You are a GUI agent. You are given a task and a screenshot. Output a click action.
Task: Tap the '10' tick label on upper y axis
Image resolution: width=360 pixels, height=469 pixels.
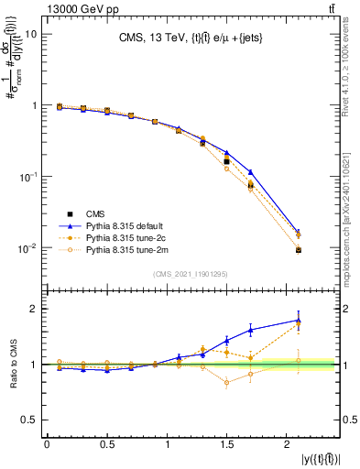click(x=30, y=34)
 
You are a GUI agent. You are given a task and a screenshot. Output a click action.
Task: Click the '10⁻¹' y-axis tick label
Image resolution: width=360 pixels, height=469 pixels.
click(x=27, y=177)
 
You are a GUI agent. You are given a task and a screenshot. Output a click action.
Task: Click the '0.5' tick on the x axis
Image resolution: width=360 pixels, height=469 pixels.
click(x=107, y=446)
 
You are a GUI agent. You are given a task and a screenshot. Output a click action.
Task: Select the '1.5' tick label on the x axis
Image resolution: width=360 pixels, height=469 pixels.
click(x=227, y=446)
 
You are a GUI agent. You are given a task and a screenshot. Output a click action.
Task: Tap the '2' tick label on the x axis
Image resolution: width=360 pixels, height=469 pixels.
click(x=289, y=446)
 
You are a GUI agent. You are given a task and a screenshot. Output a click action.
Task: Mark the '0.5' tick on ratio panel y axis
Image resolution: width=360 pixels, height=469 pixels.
click(x=29, y=420)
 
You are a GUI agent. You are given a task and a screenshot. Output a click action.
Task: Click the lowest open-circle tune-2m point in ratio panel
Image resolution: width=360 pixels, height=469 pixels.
click(x=226, y=383)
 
